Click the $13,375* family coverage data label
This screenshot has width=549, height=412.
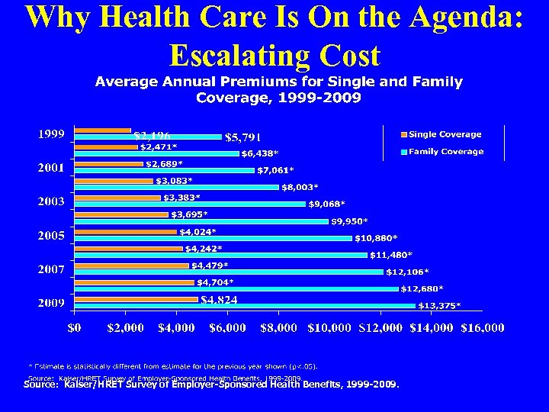[439, 306]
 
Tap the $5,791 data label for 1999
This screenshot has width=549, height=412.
[243, 137]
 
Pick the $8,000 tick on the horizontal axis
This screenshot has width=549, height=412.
[278, 328]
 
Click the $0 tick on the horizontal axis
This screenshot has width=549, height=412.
[74, 328]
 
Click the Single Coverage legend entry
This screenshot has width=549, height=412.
[445, 134]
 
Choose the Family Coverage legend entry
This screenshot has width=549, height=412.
[445, 152]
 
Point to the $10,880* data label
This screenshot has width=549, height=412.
[375, 238]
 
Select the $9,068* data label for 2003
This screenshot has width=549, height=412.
[326, 204]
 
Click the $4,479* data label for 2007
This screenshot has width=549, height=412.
[209, 266]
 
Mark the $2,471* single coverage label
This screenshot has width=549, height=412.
[159, 146]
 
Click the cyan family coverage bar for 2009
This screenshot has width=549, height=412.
[244, 306]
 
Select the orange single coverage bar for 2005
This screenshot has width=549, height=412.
[125, 231]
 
